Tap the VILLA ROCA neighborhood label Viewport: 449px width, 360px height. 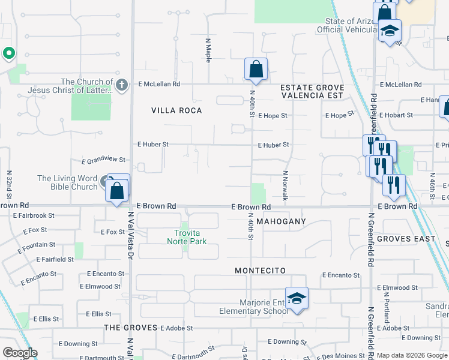point(176,110)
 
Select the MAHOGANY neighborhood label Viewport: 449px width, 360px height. point(281,221)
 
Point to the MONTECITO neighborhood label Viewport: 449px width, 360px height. point(260,271)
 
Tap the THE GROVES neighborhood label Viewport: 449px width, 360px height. point(130,328)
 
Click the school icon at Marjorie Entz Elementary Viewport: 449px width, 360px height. point(297,298)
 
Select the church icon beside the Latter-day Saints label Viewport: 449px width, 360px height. point(122,84)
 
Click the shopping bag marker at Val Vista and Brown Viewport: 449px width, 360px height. point(116,191)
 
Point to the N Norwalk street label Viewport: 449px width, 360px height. point(286,185)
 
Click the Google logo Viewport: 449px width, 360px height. point(20,353)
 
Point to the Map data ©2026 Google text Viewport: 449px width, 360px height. point(412,355)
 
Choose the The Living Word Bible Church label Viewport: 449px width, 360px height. point(67,182)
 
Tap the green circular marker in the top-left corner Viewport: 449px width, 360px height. point(8,54)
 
